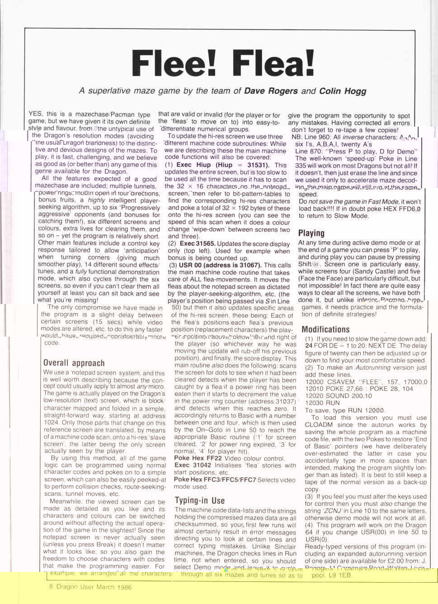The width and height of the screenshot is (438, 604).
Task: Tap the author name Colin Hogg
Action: pos(343,91)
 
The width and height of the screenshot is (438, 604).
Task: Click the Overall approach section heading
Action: pos(74,363)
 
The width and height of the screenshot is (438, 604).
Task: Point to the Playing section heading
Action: pos(311,233)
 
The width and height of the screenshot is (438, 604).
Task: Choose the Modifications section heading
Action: pos(325,329)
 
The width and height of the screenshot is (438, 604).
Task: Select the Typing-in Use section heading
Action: pos(199,500)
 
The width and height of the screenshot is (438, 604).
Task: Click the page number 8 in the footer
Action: pos(51,587)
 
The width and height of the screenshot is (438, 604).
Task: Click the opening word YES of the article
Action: pos(36,114)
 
